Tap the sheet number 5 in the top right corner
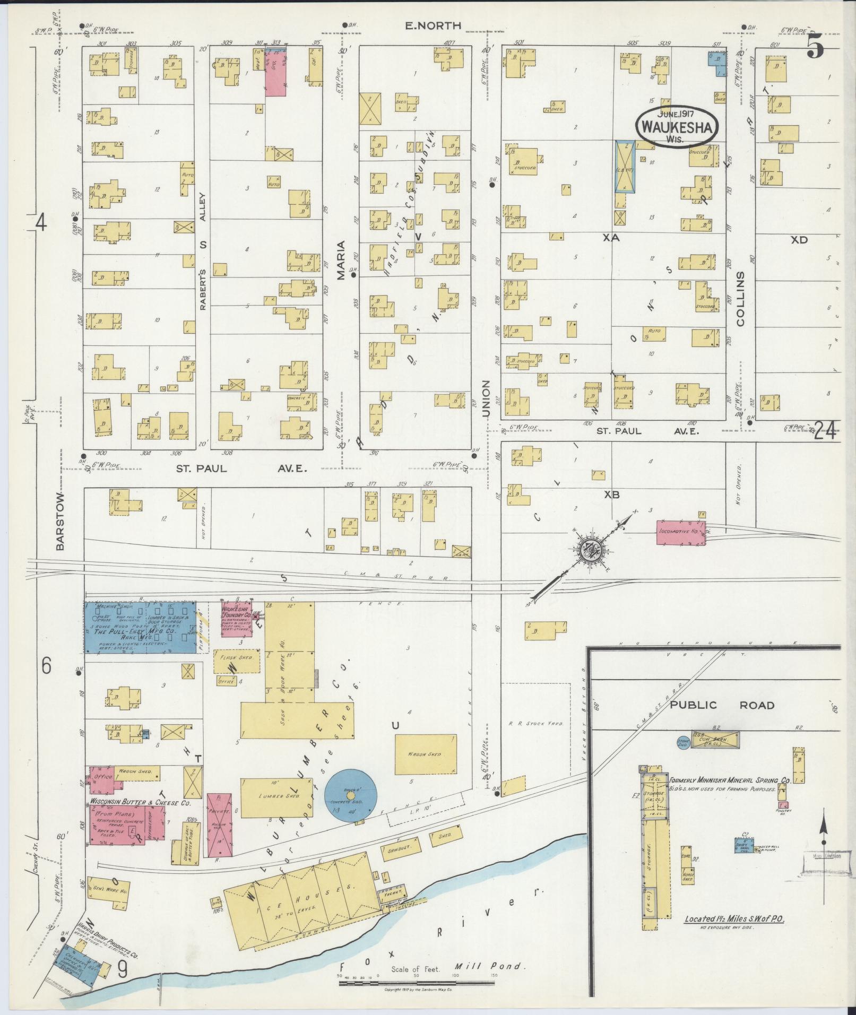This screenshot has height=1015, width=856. pyautogui.click(x=816, y=49)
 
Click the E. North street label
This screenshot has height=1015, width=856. pyautogui.click(x=433, y=25)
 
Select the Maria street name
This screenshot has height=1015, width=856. pyautogui.click(x=341, y=260)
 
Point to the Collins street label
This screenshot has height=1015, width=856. pyautogui.click(x=741, y=299)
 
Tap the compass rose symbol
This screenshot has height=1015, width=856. pyautogui.click(x=590, y=551)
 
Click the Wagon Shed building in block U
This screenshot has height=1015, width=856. pyautogui.click(x=425, y=754)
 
